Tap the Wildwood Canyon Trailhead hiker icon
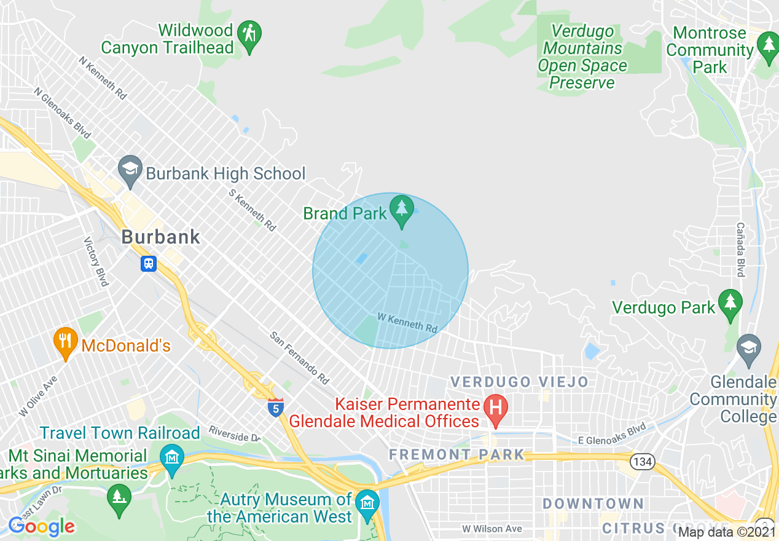click(249, 34)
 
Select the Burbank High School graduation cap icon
click(130, 173)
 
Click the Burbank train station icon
click(149, 264)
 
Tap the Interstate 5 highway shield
click(276, 406)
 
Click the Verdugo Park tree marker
click(730, 303)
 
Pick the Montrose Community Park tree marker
click(768, 47)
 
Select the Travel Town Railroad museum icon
click(171, 459)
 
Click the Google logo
click(42, 526)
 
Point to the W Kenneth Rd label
click(407, 323)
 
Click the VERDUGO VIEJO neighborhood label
click(519, 382)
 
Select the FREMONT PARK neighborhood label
click(457, 455)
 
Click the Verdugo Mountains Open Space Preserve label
click(582, 57)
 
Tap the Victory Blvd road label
click(96, 261)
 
